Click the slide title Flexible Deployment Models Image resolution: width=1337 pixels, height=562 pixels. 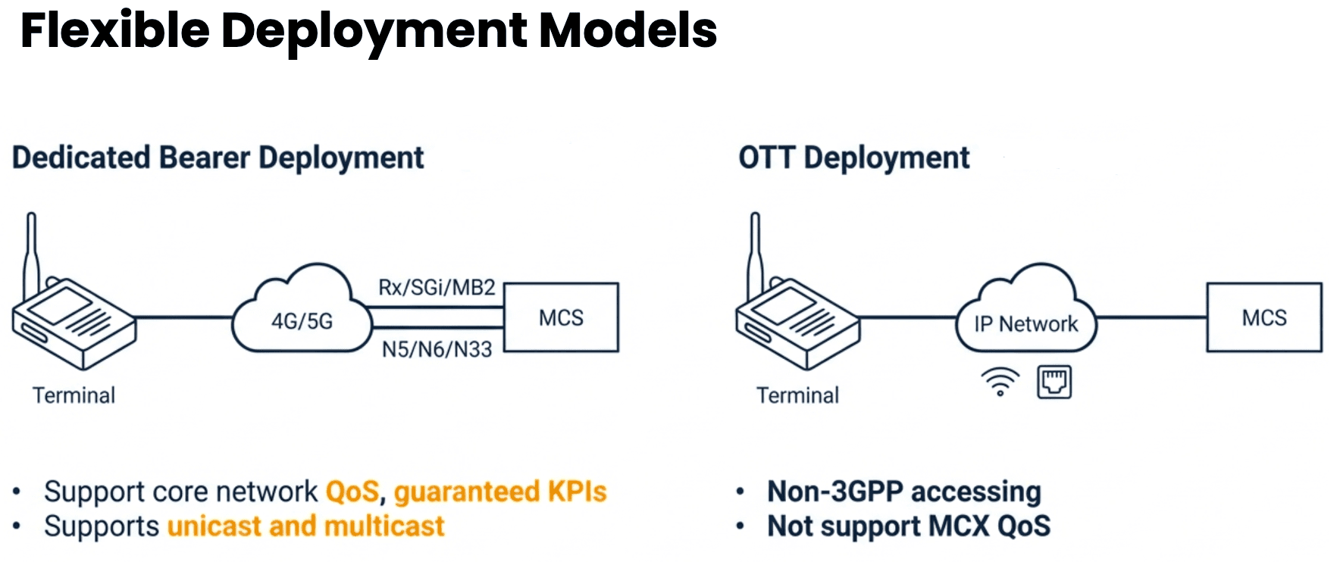368,31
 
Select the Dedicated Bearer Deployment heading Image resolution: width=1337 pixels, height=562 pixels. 218,158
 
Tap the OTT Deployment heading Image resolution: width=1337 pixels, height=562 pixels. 854,158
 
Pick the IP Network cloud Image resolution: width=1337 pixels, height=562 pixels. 1025,309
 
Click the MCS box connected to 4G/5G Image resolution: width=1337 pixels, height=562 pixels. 561,317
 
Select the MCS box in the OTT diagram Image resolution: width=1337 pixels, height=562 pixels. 1264,317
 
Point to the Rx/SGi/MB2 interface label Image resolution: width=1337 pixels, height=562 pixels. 437,288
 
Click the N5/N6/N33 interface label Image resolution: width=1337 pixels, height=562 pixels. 437,349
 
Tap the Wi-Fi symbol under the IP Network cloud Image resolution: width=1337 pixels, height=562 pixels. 1000,382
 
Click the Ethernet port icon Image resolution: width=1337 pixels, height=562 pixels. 1054,382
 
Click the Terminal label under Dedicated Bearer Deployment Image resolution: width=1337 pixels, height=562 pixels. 74,395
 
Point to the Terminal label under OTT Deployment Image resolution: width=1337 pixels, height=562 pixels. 797,395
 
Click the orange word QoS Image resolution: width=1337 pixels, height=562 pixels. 352,492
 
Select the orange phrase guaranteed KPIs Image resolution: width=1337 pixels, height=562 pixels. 500,492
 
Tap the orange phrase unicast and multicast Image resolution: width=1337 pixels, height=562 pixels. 305,526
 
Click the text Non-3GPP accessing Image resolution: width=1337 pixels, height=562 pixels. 904,492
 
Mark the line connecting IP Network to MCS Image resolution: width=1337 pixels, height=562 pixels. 1151,317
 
